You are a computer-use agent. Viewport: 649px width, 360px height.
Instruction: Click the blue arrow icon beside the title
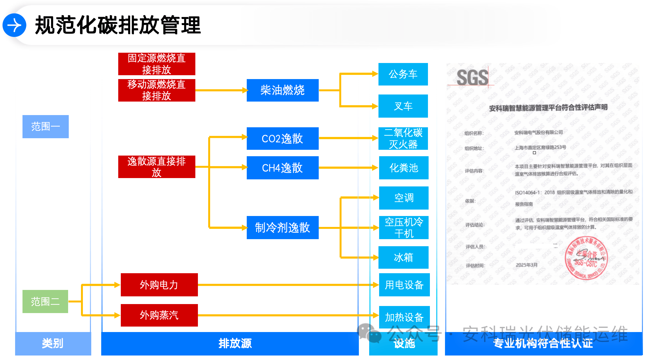click(14, 25)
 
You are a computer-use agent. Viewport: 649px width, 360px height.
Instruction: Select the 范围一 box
click(46, 127)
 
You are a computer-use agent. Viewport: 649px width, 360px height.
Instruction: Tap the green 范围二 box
click(45, 301)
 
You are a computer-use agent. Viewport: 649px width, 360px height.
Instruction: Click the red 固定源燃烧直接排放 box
click(156, 64)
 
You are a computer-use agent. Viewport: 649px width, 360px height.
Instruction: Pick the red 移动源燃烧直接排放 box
click(156, 90)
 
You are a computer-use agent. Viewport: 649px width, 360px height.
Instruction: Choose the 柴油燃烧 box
click(282, 90)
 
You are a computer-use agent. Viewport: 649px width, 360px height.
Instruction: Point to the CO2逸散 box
click(282, 139)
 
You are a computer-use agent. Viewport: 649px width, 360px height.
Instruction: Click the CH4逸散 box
click(282, 168)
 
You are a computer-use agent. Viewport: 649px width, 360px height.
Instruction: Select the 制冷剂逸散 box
click(282, 228)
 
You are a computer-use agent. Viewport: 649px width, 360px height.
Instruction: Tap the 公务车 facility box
click(403, 74)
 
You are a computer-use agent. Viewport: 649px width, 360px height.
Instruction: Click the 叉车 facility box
click(403, 106)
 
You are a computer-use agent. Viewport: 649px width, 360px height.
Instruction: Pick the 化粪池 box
click(404, 168)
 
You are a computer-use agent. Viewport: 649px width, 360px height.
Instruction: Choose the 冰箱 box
click(403, 257)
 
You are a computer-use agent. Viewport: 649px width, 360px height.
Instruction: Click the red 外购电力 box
click(159, 285)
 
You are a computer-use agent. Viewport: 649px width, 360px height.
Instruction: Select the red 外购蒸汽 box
click(159, 315)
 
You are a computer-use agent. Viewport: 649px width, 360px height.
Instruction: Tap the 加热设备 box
click(404, 317)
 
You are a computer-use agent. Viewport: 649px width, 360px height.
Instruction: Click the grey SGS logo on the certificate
click(472, 78)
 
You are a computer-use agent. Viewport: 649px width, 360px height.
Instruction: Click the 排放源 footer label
click(235, 343)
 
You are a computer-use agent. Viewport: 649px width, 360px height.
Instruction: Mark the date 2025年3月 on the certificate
click(527, 265)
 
